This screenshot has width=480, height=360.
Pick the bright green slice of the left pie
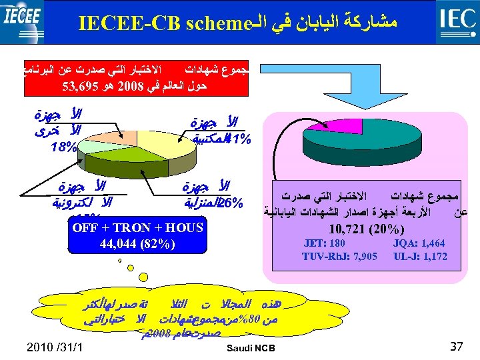click(117, 155)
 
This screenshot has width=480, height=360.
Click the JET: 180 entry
click(324, 244)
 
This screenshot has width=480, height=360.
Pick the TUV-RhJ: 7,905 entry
click(339, 257)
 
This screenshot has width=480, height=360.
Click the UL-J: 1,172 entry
click(420, 257)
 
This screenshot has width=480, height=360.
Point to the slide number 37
click(456, 345)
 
